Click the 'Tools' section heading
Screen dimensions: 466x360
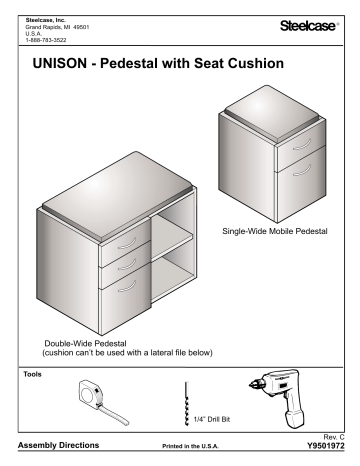[x=31, y=372]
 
